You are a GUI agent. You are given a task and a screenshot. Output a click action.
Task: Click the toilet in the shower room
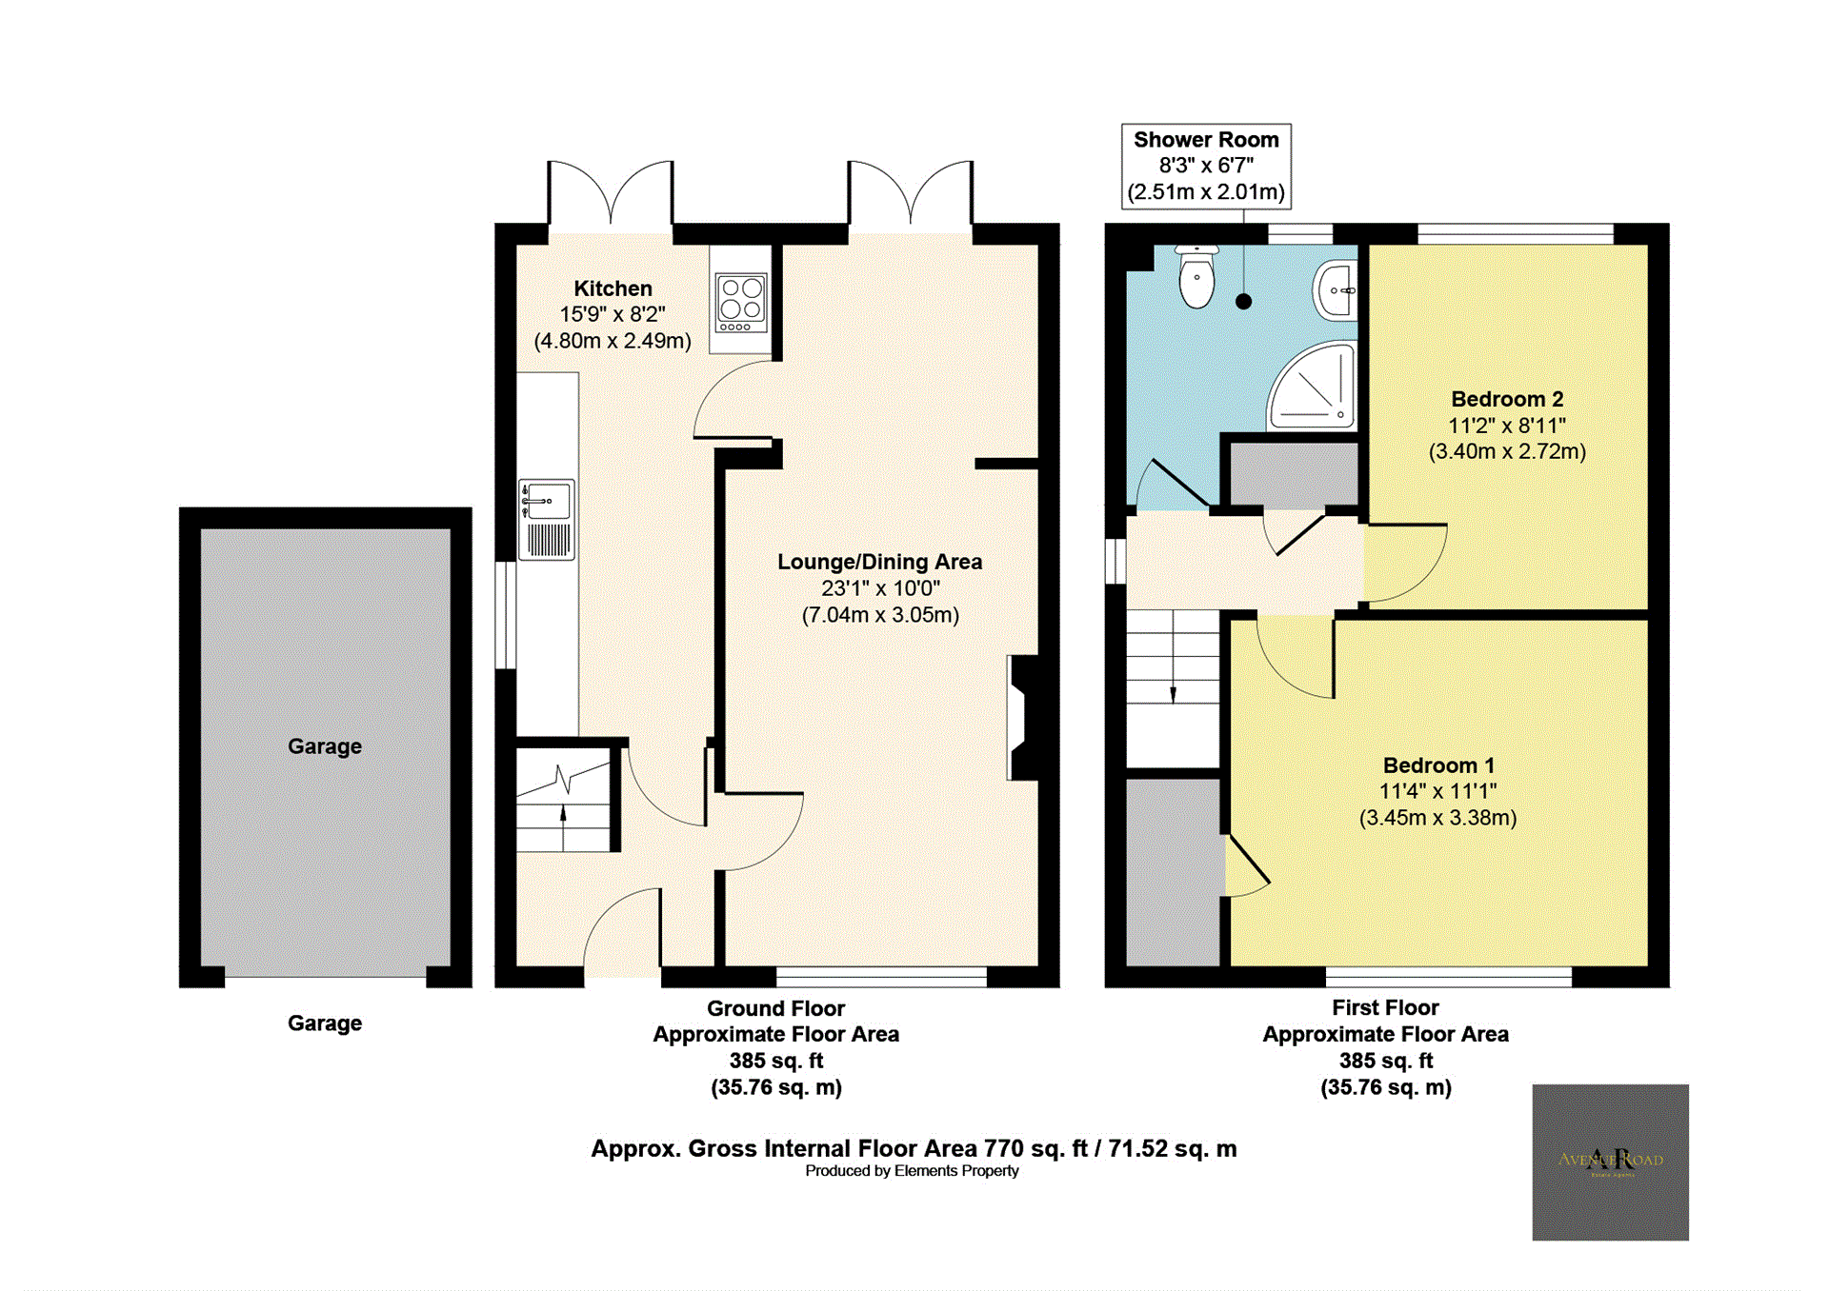(1196, 277)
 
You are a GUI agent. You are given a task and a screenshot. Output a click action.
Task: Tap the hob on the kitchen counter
(741, 302)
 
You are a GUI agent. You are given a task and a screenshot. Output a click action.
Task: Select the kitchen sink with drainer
(547, 519)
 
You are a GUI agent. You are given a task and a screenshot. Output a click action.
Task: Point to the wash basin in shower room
(1337, 289)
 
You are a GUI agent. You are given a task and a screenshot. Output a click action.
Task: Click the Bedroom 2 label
(1506, 399)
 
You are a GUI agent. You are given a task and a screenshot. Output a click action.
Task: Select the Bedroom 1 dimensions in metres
(1437, 818)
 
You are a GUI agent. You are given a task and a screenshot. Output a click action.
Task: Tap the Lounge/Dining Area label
(878, 562)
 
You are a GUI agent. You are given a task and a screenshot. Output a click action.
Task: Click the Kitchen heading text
(613, 288)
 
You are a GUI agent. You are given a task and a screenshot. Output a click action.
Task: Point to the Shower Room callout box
(1205, 166)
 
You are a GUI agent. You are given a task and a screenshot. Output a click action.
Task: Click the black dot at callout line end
(1243, 302)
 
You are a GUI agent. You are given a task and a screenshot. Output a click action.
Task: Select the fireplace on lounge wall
(1024, 717)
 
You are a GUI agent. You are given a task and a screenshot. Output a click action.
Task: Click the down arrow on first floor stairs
(1173, 694)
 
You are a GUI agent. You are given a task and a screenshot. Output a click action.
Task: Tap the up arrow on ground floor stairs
(563, 814)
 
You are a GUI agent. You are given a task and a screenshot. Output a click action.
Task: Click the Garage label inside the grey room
(324, 746)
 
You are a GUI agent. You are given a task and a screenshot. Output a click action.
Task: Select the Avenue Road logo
(1609, 1162)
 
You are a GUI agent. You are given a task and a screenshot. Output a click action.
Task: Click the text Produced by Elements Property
(911, 1171)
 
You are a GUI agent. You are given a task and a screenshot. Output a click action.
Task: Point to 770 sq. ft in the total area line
(1035, 1148)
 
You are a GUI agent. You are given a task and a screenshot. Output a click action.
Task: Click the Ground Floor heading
(775, 1008)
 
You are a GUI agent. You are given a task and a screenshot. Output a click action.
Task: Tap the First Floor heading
(1384, 1007)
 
